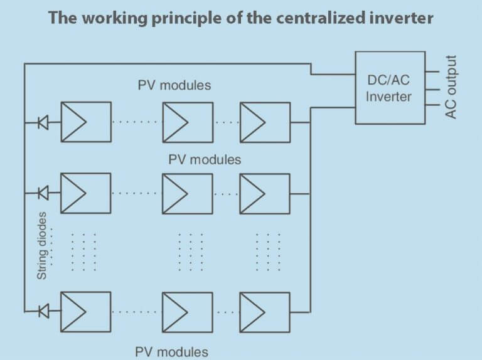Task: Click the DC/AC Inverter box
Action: pos(388,88)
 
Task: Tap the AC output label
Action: pos(451,87)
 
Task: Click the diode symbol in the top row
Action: pos(43,122)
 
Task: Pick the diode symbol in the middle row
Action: pos(43,193)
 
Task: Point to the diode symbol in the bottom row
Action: pos(43,310)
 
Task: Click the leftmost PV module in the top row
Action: pos(85,122)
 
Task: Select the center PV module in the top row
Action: pos(188,122)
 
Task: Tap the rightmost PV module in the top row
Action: pos(265,122)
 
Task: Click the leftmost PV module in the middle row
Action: pos(85,193)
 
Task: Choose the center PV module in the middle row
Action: pos(188,193)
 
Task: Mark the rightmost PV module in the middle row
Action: pos(265,193)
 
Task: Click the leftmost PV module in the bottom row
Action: pos(85,310)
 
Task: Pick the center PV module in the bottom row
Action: pos(188,310)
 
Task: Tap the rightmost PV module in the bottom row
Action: pos(265,310)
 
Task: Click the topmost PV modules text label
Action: pos(174,85)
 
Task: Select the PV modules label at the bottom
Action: pos(171,351)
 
